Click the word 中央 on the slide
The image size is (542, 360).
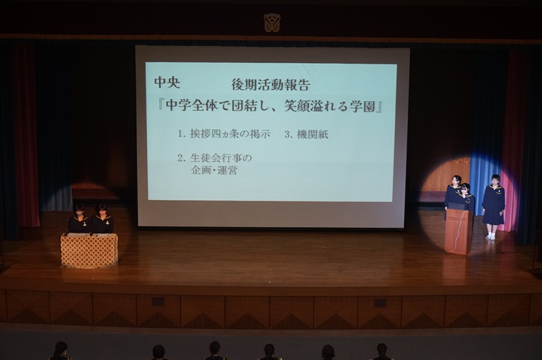click(x=167, y=82)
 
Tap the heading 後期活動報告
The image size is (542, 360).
click(x=270, y=85)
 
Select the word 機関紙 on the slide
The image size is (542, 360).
click(x=312, y=134)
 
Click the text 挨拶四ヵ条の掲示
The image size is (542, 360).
click(x=230, y=134)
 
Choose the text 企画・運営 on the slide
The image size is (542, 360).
click(x=214, y=170)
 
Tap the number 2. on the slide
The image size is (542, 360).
click(x=182, y=158)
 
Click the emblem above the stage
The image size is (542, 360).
click(x=272, y=23)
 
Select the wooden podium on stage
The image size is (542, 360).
click(x=459, y=231)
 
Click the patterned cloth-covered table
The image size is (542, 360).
click(x=89, y=250)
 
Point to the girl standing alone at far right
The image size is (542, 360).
click(x=493, y=206)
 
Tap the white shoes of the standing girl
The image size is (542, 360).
click(x=491, y=237)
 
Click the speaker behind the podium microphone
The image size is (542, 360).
click(x=465, y=197)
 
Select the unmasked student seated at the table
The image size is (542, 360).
click(x=102, y=218)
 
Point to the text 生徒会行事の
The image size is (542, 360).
click(x=221, y=158)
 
